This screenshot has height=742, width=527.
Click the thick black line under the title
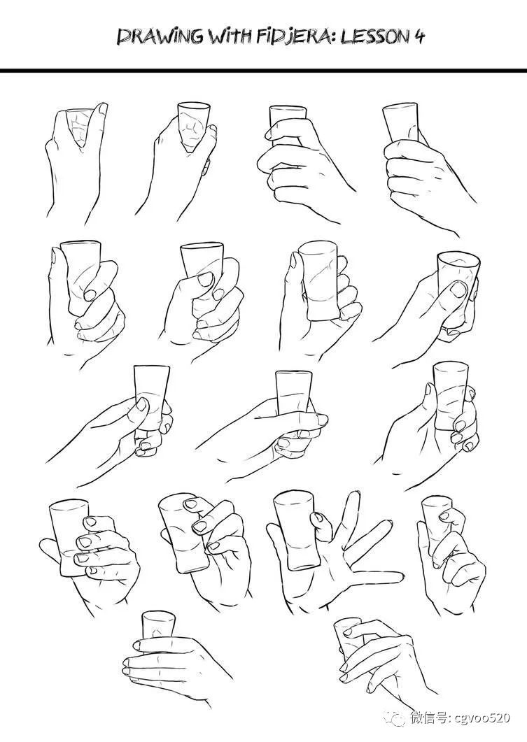pos(263,71)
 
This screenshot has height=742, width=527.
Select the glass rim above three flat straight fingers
pos(159,617)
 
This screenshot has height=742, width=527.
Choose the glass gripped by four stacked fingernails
pos(71,537)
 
